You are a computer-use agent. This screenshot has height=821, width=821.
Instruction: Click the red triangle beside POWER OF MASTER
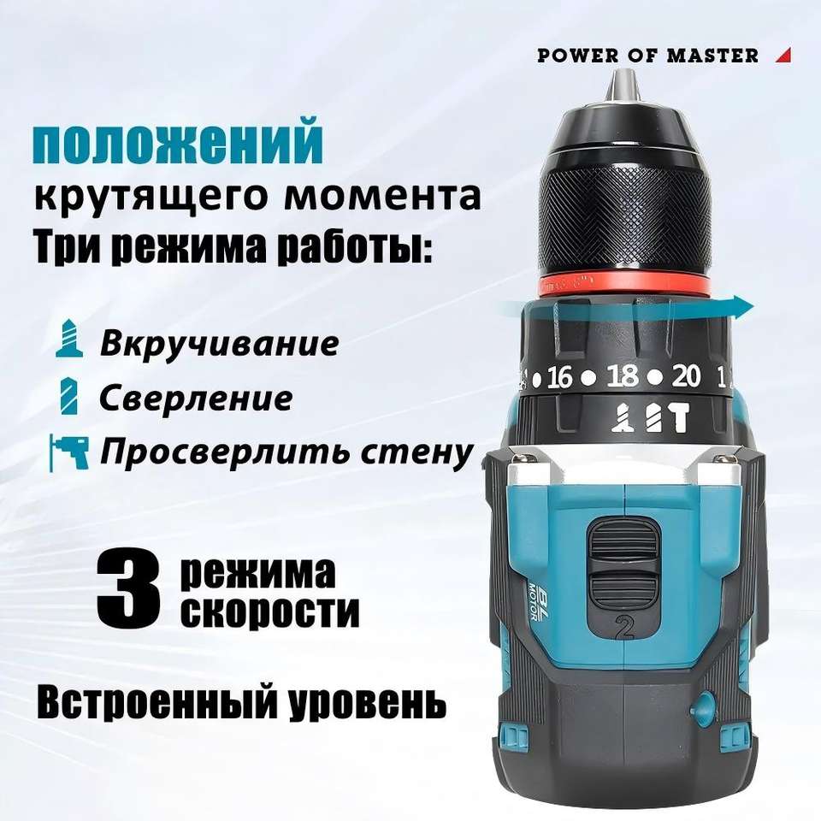(785, 56)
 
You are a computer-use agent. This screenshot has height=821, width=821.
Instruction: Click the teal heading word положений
(178, 142)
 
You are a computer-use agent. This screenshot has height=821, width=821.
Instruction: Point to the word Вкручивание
(220, 343)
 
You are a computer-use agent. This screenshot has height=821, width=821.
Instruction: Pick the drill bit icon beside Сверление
(69, 395)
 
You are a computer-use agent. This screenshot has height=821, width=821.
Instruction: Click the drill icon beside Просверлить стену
(68, 452)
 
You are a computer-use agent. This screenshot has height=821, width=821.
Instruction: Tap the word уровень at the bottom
(367, 702)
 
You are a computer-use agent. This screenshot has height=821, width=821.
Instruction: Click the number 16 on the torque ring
(559, 377)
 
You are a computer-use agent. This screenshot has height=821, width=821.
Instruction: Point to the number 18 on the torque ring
(623, 376)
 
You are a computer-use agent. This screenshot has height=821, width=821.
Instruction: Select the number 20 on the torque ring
(686, 376)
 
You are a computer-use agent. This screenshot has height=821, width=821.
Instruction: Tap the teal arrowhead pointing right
(743, 306)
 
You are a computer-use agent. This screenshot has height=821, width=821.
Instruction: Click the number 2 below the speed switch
(624, 628)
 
